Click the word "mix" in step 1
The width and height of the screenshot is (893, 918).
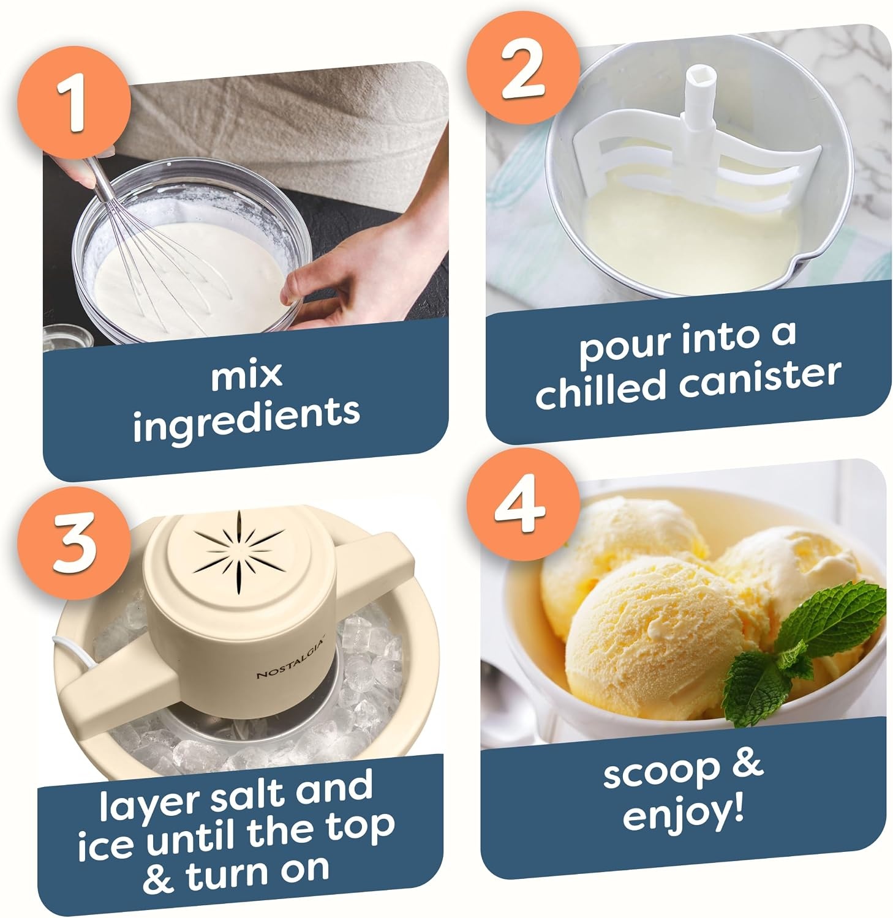click(x=246, y=375)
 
